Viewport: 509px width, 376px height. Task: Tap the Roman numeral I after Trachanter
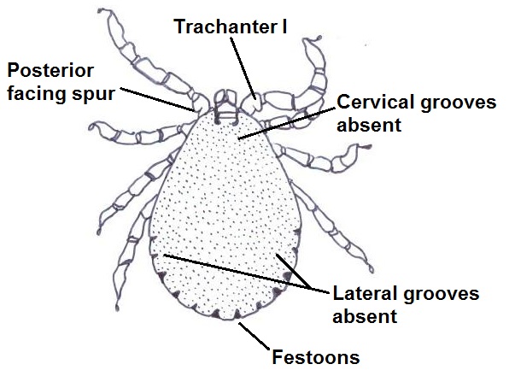tap(284, 26)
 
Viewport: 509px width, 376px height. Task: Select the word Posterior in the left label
tap(50, 70)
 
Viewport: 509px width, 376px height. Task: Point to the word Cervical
tap(376, 102)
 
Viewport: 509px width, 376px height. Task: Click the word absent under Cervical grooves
tap(369, 125)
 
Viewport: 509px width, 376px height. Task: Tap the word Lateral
tap(366, 293)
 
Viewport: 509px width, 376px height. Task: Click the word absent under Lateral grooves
tap(365, 316)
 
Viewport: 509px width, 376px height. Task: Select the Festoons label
tap(316, 357)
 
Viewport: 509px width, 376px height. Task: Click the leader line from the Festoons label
tap(254, 336)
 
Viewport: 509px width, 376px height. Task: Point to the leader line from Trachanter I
tap(243, 68)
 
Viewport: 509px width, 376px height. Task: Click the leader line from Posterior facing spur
tap(157, 99)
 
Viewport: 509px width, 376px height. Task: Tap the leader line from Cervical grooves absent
tap(286, 123)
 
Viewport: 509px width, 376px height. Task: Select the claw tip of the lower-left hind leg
tap(117, 308)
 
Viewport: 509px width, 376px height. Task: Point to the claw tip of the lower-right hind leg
tap(372, 269)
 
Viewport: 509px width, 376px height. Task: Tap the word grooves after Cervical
tap(459, 103)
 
